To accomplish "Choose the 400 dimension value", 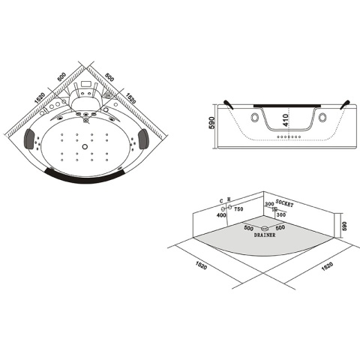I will (x=223, y=216).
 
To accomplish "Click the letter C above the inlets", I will (x=223, y=199).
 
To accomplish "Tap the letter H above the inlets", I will (x=229, y=199).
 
